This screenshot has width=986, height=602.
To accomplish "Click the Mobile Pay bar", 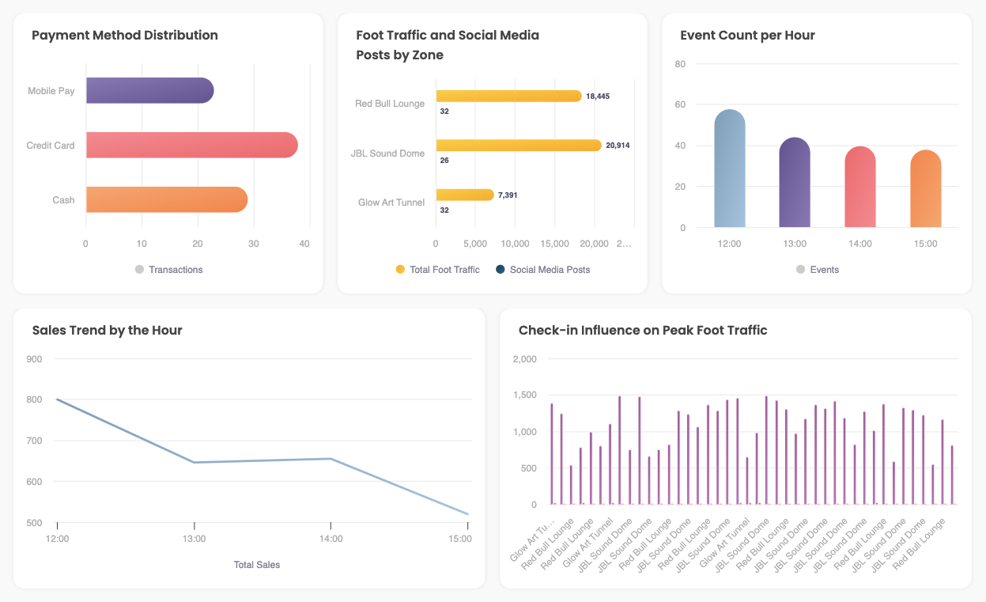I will (149, 91).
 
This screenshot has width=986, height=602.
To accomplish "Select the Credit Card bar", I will (191, 146).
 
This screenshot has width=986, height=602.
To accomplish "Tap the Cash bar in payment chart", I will (166, 200).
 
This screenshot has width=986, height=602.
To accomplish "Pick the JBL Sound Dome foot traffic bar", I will (518, 146).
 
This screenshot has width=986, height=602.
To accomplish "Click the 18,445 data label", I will (598, 97).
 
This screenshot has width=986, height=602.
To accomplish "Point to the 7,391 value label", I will (508, 195).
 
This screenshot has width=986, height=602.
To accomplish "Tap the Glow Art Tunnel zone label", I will (391, 203).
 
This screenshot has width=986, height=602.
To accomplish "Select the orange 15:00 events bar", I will (925, 189).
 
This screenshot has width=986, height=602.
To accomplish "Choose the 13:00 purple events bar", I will (795, 183).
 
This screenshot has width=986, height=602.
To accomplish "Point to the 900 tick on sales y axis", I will (35, 358).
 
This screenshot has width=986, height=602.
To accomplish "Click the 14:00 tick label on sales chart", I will (331, 539).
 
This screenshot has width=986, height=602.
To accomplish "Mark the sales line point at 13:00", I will (194, 463).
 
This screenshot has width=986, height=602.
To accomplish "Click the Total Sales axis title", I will (257, 565).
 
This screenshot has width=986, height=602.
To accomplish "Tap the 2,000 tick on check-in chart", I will (525, 359).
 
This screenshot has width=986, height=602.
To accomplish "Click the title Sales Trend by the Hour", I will (107, 331).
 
